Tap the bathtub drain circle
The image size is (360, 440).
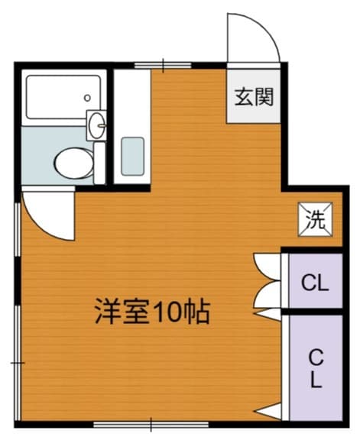89,99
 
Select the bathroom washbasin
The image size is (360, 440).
97,125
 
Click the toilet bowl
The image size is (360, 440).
70,161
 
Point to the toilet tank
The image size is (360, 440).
99,161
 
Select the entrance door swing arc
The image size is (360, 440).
252,34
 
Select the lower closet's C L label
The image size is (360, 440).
316,367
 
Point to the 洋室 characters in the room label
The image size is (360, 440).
122,312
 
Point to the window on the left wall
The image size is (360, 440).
17,306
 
